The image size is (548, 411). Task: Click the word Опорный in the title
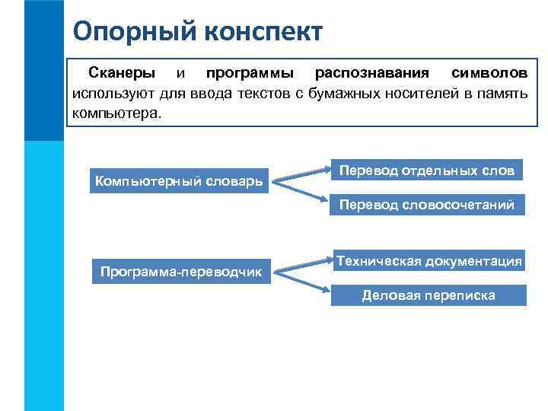coord(126,31)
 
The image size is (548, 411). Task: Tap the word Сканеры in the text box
coord(122,74)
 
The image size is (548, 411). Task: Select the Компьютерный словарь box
coord(179,181)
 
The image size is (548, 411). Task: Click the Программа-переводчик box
coord(180,271)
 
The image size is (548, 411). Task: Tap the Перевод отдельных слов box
coord(427,170)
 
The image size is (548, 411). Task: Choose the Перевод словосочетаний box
coord(427,205)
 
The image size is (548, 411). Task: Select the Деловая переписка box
coord(428,295)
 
